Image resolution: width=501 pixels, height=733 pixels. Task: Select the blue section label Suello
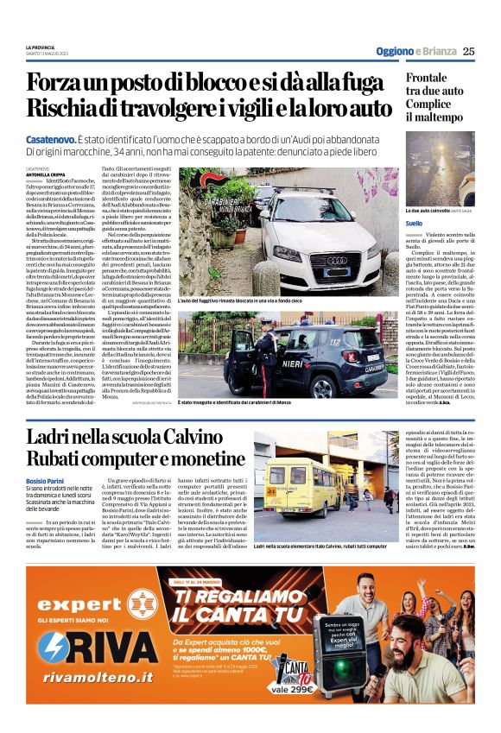[x=414, y=223]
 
